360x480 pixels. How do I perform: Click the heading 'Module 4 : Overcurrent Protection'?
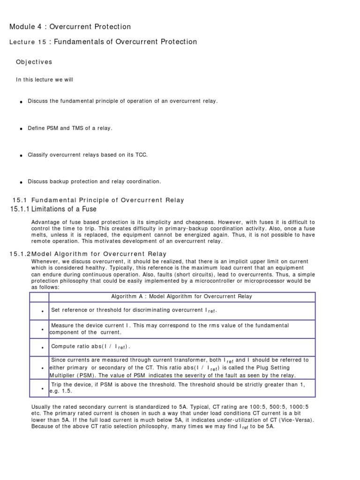tap(70, 27)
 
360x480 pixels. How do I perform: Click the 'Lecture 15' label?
tap(28, 42)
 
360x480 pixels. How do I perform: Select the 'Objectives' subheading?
tap(34, 62)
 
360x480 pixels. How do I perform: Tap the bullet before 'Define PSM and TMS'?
tap(21, 129)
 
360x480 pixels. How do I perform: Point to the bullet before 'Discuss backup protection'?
tap(21, 182)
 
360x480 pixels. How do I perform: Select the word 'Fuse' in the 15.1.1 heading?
tap(89, 209)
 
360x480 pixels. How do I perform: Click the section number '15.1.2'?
tap(20, 254)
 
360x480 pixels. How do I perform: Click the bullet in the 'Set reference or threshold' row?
tap(42, 311)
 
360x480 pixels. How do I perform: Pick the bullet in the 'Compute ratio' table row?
tap(42, 347)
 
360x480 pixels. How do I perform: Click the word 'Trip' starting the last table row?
tap(57, 384)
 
